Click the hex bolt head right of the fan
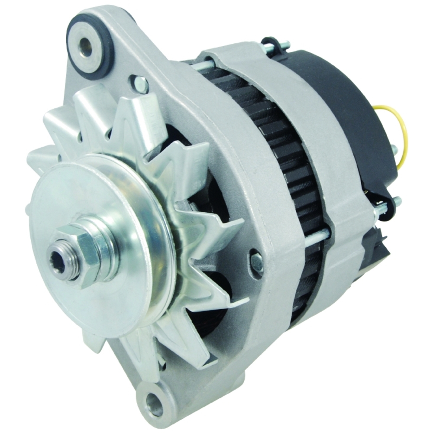tap(256, 262)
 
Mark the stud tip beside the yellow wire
tap(394, 149)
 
